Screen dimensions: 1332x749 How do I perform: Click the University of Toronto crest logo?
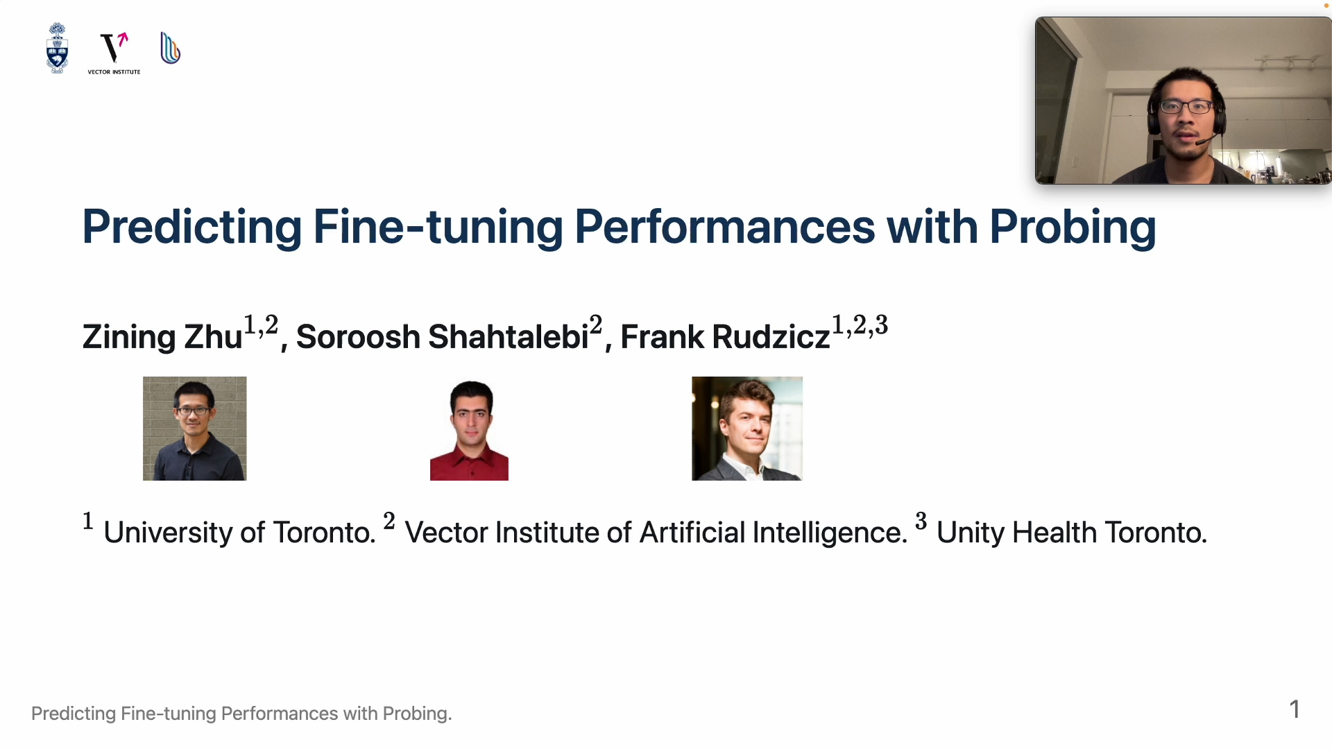pos(57,49)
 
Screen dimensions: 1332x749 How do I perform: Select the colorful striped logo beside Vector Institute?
pos(170,48)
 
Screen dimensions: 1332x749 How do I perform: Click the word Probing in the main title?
pos(1073,227)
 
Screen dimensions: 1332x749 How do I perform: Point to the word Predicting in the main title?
pos(192,227)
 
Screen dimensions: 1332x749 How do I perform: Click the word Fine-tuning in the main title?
pos(438,227)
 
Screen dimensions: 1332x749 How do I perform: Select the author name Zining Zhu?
pos(162,337)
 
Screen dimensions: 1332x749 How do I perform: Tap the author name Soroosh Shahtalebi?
pos(442,336)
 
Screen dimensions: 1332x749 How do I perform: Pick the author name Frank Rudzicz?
pos(725,336)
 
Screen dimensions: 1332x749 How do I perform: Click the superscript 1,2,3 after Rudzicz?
pos(860,325)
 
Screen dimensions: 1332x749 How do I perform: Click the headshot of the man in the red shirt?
pos(469,429)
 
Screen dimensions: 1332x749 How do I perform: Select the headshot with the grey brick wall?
pos(195,429)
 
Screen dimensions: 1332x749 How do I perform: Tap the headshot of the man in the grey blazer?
pos(747,429)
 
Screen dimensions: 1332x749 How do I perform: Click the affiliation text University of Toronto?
pos(239,533)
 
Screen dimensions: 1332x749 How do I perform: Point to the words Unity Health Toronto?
pos(1072,533)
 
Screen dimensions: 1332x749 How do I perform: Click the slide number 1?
pos(1295,709)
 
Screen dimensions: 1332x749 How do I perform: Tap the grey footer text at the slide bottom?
pos(241,714)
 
